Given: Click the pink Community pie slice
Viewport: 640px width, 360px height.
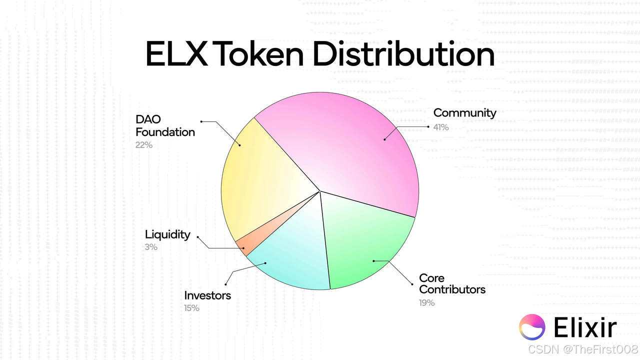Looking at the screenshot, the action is (351, 148).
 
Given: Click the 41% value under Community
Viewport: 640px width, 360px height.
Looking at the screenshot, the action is (441, 127).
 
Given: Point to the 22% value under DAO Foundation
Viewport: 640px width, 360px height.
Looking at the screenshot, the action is (144, 145).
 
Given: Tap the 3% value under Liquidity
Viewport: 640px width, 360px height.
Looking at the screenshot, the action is (151, 247).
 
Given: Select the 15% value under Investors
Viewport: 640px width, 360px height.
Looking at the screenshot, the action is (191, 308).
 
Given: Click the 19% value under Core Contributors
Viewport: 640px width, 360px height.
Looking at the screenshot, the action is (427, 302).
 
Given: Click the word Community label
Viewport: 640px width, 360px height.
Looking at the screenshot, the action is (465, 113).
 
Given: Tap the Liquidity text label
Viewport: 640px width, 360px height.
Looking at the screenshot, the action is (167, 235).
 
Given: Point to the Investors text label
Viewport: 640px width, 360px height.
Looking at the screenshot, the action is (207, 295).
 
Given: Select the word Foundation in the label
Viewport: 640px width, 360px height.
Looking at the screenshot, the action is (165, 132).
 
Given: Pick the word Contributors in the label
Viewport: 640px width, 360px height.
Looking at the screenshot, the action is (452, 289).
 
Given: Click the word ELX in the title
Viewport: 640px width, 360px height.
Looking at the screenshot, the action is (176, 54).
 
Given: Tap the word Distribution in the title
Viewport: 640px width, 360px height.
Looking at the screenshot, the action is (403, 53).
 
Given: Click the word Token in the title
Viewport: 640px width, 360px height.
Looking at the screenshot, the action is (260, 53).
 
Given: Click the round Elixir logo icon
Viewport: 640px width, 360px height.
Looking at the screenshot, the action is (532, 327).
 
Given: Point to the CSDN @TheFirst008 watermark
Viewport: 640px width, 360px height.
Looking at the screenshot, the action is (583, 349).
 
